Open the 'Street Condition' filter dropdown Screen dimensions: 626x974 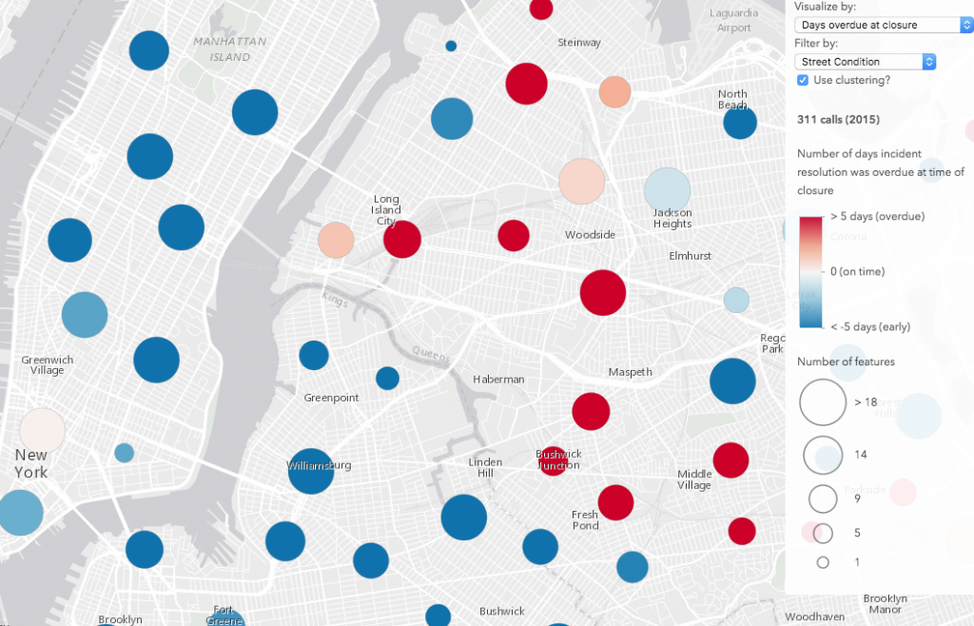point(866,62)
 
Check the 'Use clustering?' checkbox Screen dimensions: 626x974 point(803,81)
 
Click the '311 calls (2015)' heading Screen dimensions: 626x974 point(837,120)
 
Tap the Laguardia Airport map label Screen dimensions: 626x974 point(734,20)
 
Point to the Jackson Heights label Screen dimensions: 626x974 point(672,218)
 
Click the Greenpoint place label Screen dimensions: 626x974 point(331,398)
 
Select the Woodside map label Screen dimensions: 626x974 point(590,235)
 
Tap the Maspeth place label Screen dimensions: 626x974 point(631,372)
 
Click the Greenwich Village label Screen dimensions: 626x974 point(47,364)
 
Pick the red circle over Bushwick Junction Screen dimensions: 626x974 point(553,460)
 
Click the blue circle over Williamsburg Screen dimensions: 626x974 point(310,471)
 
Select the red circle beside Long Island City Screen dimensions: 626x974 point(402,239)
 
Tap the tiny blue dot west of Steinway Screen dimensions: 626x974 point(451,46)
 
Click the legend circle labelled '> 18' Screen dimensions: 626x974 point(823,402)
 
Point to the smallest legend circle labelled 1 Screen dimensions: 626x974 point(823,562)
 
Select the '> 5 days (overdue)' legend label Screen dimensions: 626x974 point(877,217)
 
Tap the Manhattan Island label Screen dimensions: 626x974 point(229,49)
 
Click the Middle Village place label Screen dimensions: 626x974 point(694,479)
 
